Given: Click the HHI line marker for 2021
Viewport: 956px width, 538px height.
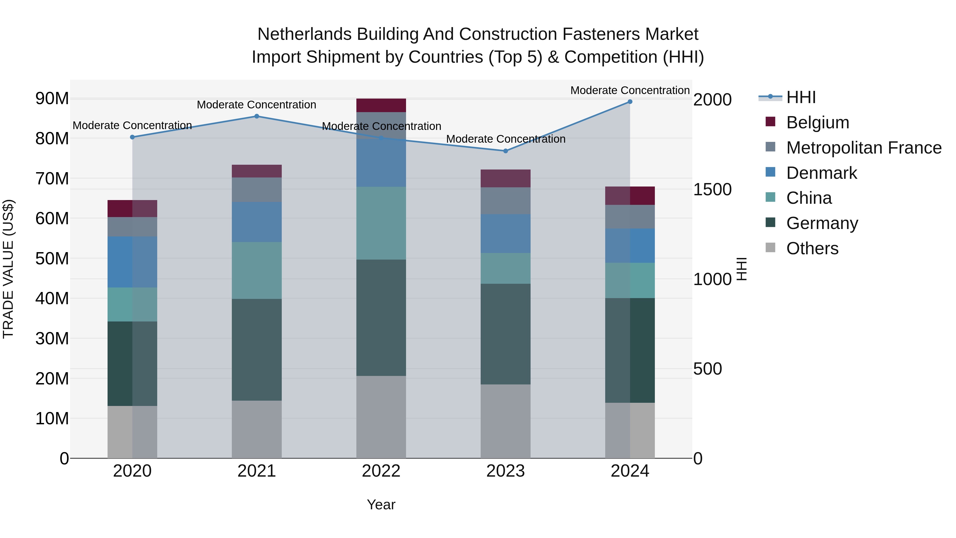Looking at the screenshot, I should point(257,116).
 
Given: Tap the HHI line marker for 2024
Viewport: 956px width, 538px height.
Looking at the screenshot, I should point(630,102).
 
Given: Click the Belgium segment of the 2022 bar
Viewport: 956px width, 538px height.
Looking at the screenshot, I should point(381,105).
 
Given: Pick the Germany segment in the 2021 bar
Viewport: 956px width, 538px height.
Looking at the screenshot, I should point(257,349).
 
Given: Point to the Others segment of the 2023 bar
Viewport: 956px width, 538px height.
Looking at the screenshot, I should point(505,421).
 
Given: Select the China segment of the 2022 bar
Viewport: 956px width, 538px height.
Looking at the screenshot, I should point(381,223).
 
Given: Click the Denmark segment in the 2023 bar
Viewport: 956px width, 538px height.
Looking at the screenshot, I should point(505,234).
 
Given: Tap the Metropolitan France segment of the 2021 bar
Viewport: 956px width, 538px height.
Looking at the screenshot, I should point(257,190).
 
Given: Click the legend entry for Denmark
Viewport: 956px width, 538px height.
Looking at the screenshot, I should point(821,173).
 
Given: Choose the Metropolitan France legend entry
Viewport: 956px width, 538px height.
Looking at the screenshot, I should point(864,148).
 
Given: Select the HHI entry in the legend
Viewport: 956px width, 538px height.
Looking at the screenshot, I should point(801,97).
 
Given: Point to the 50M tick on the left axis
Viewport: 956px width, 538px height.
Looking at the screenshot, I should point(52,259).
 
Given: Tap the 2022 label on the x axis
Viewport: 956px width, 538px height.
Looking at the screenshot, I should point(381,471).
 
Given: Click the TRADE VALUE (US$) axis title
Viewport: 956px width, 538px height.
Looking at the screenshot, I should point(8,269).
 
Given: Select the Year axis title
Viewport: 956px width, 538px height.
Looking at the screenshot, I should point(381,505).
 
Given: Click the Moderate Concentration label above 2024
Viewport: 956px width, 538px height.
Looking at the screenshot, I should point(630,90).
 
